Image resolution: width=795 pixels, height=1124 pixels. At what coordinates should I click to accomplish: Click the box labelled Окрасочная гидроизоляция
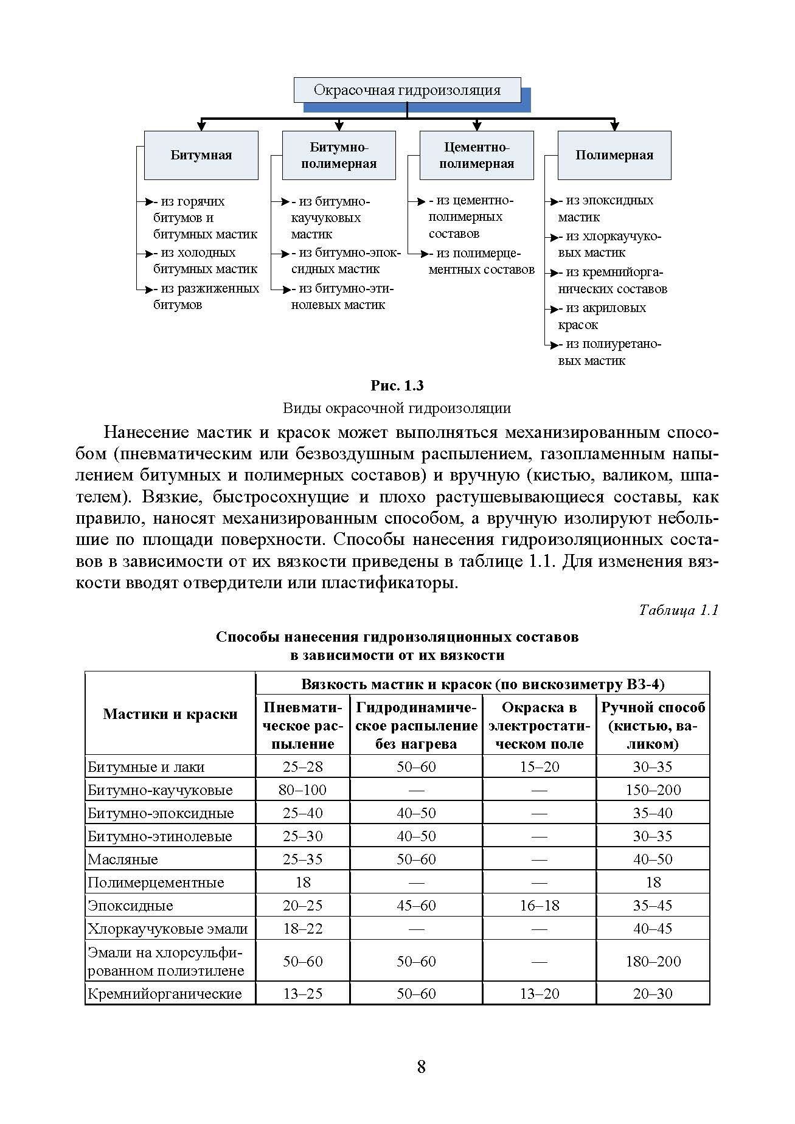(x=407, y=90)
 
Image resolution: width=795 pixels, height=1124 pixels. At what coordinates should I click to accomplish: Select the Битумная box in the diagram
(x=201, y=155)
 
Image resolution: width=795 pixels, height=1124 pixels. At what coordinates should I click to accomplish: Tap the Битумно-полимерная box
(x=339, y=155)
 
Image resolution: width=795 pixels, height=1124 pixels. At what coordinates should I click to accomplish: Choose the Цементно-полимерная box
(x=476, y=155)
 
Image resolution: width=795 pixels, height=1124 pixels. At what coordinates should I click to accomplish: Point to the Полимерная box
(x=614, y=155)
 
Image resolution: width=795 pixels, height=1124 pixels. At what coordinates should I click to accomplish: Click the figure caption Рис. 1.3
(x=397, y=386)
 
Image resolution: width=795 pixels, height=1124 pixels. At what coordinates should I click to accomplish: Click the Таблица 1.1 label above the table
(x=679, y=610)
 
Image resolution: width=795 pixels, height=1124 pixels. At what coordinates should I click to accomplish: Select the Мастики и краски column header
(x=170, y=714)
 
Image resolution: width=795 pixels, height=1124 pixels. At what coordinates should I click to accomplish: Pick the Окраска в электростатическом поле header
(x=539, y=726)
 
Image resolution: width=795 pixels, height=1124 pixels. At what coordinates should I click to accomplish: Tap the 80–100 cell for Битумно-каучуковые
(x=303, y=790)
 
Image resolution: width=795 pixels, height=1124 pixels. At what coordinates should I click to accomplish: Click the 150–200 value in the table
(x=653, y=790)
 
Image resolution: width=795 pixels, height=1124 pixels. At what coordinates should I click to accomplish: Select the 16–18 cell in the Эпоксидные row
(x=539, y=906)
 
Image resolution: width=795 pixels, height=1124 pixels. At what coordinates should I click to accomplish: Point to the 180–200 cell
(x=653, y=962)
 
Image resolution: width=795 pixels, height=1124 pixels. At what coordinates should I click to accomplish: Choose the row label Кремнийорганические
(x=164, y=994)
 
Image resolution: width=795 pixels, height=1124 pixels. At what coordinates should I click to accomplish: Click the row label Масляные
(x=123, y=859)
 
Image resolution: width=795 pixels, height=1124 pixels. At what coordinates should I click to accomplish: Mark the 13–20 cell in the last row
(x=539, y=994)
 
